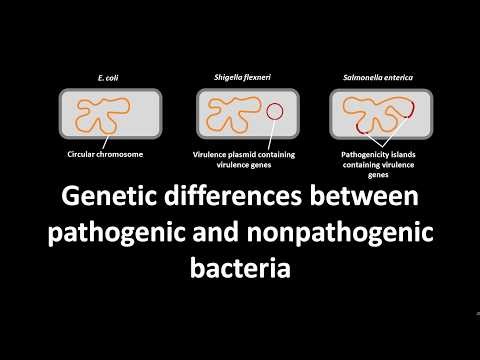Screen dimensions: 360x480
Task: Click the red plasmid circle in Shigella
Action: pos(275,111)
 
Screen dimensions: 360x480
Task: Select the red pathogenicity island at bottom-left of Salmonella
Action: pos(362,128)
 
